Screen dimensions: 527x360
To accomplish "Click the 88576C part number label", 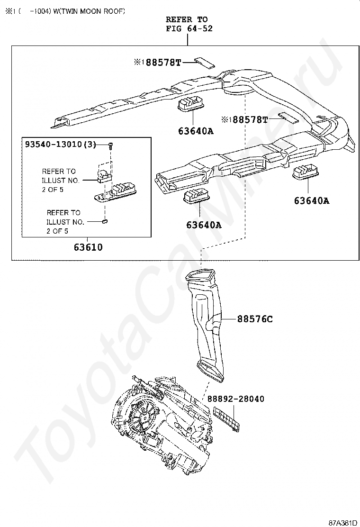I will pyautogui.click(x=255, y=319).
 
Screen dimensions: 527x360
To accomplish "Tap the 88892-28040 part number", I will pyautogui.click(x=235, y=399).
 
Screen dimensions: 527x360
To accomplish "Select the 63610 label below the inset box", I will pyautogui.click(x=88, y=247).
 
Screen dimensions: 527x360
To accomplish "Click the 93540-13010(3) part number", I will pyautogui.click(x=60, y=145).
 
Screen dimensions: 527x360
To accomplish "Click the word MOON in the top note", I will pyautogui.click(x=89, y=11).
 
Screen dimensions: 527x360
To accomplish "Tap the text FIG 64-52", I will pyautogui.click(x=189, y=28).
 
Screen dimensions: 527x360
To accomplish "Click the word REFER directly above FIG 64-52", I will pyautogui.click(x=179, y=19).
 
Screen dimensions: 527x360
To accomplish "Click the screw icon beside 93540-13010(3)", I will pyautogui.click(x=110, y=145).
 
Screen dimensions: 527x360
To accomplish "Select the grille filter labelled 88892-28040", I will pyautogui.click(x=228, y=419).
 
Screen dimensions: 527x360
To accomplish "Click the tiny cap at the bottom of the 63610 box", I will pyautogui.click(x=106, y=220).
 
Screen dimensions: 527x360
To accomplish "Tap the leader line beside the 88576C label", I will pyautogui.click(x=229, y=319).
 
